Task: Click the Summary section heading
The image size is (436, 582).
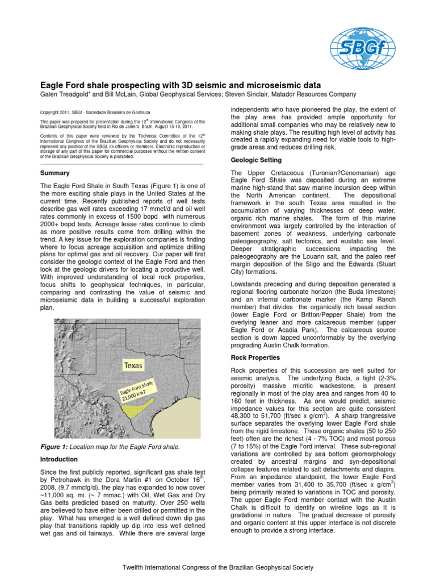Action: click(x=53, y=173)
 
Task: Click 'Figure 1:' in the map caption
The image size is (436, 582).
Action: click(x=55, y=447)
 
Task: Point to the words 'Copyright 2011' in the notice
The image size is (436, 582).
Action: click(x=56, y=113)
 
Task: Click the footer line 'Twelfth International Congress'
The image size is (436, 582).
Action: click(x=218, y=567)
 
